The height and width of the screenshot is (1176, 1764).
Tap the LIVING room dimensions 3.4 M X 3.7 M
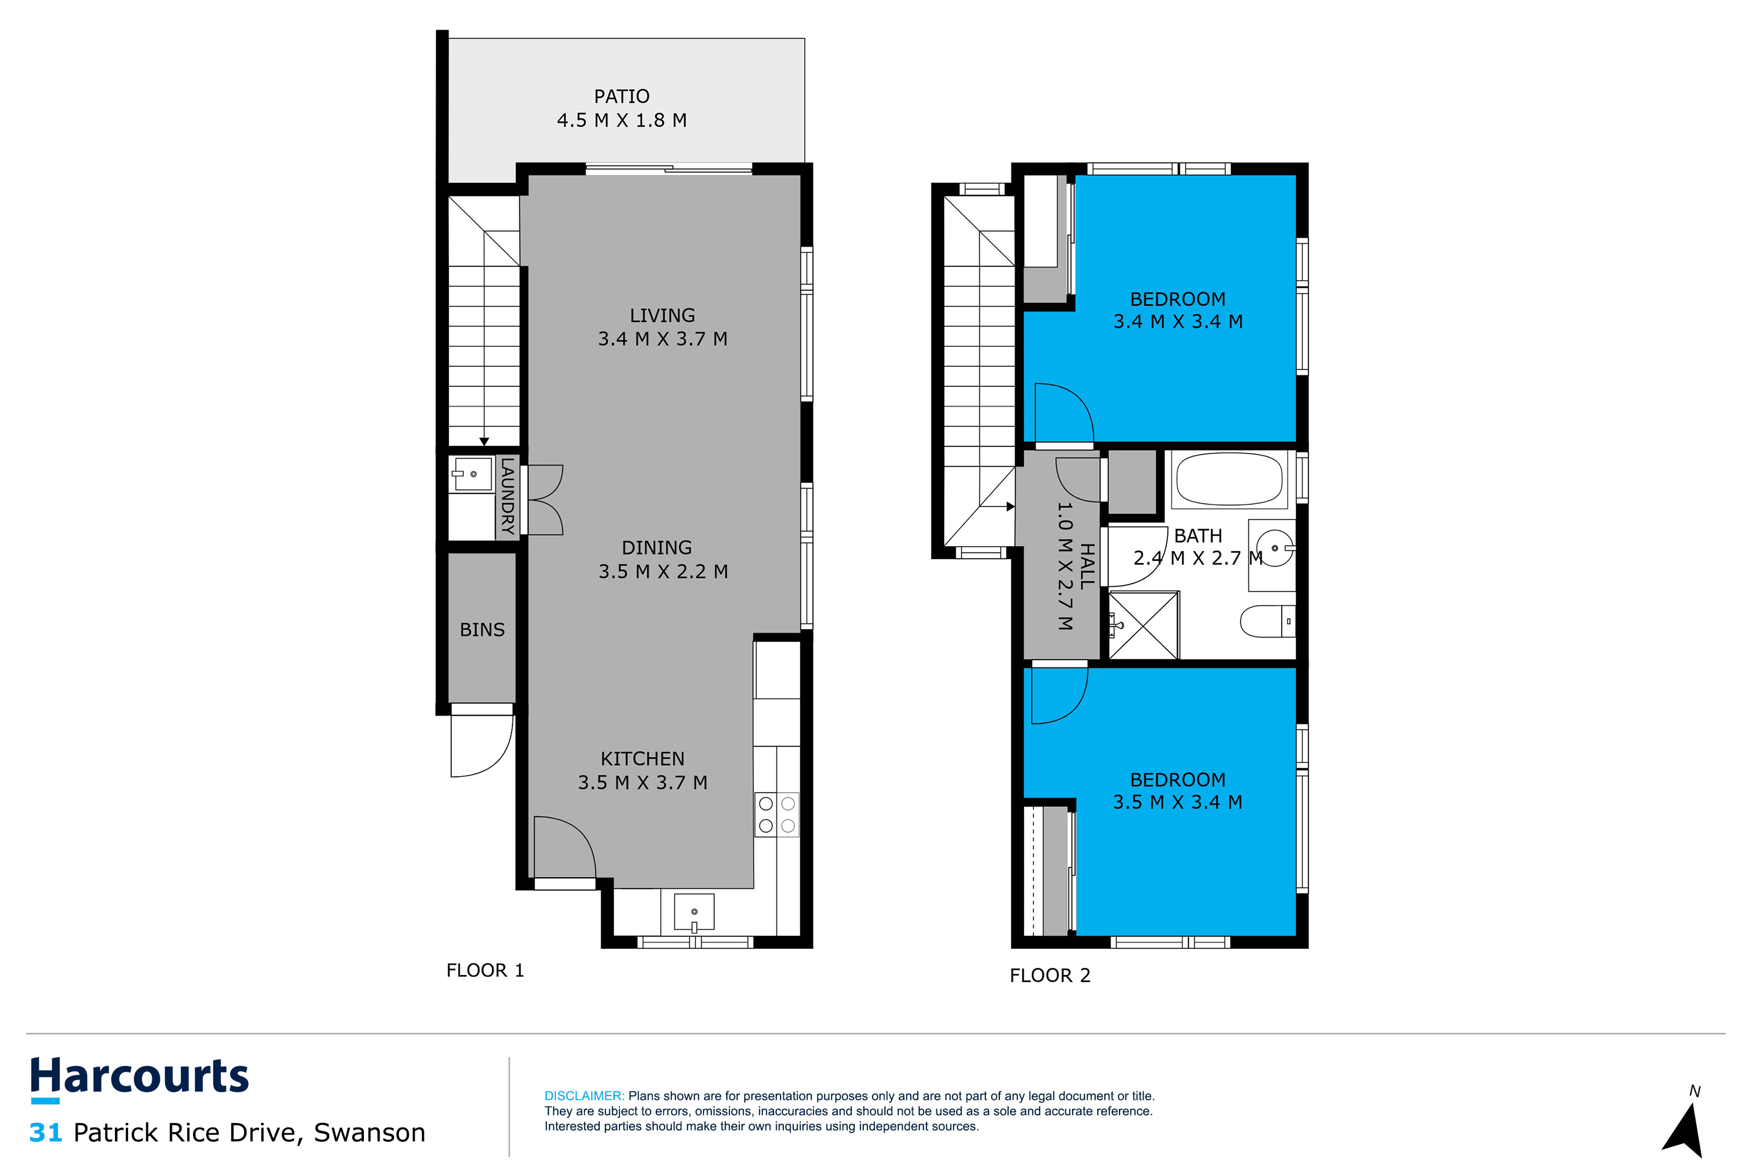pos(662,339)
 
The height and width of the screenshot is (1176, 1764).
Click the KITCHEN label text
pos(642,759)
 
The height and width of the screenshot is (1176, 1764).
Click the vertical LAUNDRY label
pos(508,496)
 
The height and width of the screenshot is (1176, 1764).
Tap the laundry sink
pos(473,474)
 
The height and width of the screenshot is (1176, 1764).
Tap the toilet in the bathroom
pos(1268,621)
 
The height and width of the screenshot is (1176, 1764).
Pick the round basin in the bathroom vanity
pos(1274,548)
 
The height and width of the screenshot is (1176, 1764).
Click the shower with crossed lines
pos(1143,625)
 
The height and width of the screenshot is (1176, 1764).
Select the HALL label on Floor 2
pos(1087,566)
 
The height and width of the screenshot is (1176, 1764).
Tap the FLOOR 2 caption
pos(1049,976)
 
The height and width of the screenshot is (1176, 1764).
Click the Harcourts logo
pos(140,1078)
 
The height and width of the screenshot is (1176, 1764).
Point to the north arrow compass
pos(1684,1128)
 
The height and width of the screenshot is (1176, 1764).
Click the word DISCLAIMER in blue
pos(584,1096)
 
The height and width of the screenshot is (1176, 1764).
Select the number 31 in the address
pos(45,1133)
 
